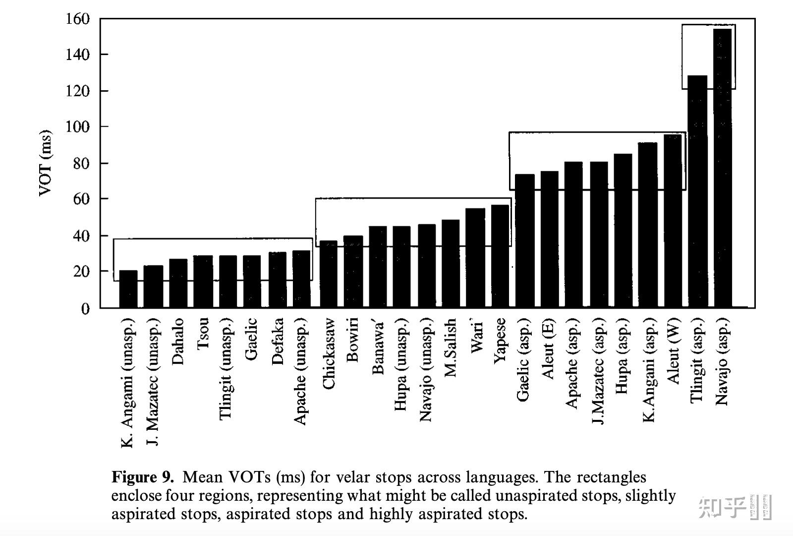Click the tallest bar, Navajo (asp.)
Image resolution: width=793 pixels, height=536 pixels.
click(723, 169)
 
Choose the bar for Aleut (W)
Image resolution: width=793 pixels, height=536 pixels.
click(673, 221)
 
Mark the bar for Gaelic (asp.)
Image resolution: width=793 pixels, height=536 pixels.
click(525, 241)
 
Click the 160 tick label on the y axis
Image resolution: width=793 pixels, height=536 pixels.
click(78, 19)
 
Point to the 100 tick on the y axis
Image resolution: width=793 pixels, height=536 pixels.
click(78, 127)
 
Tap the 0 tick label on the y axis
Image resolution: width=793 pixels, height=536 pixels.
click(85, 309)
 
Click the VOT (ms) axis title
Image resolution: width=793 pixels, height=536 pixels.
click(45, 163)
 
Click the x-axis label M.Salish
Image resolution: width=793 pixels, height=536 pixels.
click(450, 347)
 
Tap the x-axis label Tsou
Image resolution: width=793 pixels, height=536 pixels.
click(203, 333)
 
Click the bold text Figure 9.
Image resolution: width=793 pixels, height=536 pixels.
click(143, 477)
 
